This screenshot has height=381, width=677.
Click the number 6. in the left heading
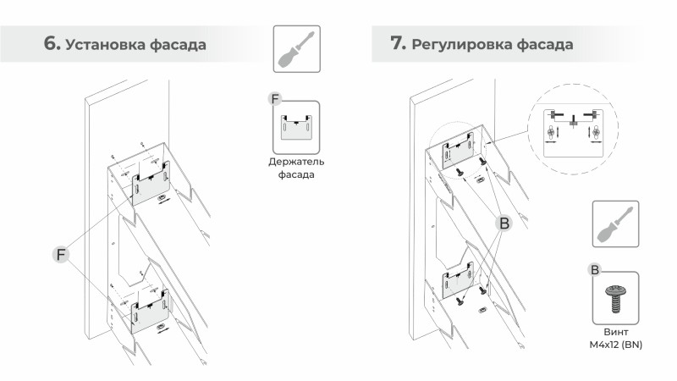[52, 44]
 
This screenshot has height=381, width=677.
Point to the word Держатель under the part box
[296, 161]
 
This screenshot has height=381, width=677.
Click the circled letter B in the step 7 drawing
[504, 224]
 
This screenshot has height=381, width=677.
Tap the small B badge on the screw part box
[594, 270]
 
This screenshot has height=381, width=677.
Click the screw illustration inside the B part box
[615, 298]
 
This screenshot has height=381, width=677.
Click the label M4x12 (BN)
[615, 345]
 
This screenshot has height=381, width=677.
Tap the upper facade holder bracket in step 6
[151, 182]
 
